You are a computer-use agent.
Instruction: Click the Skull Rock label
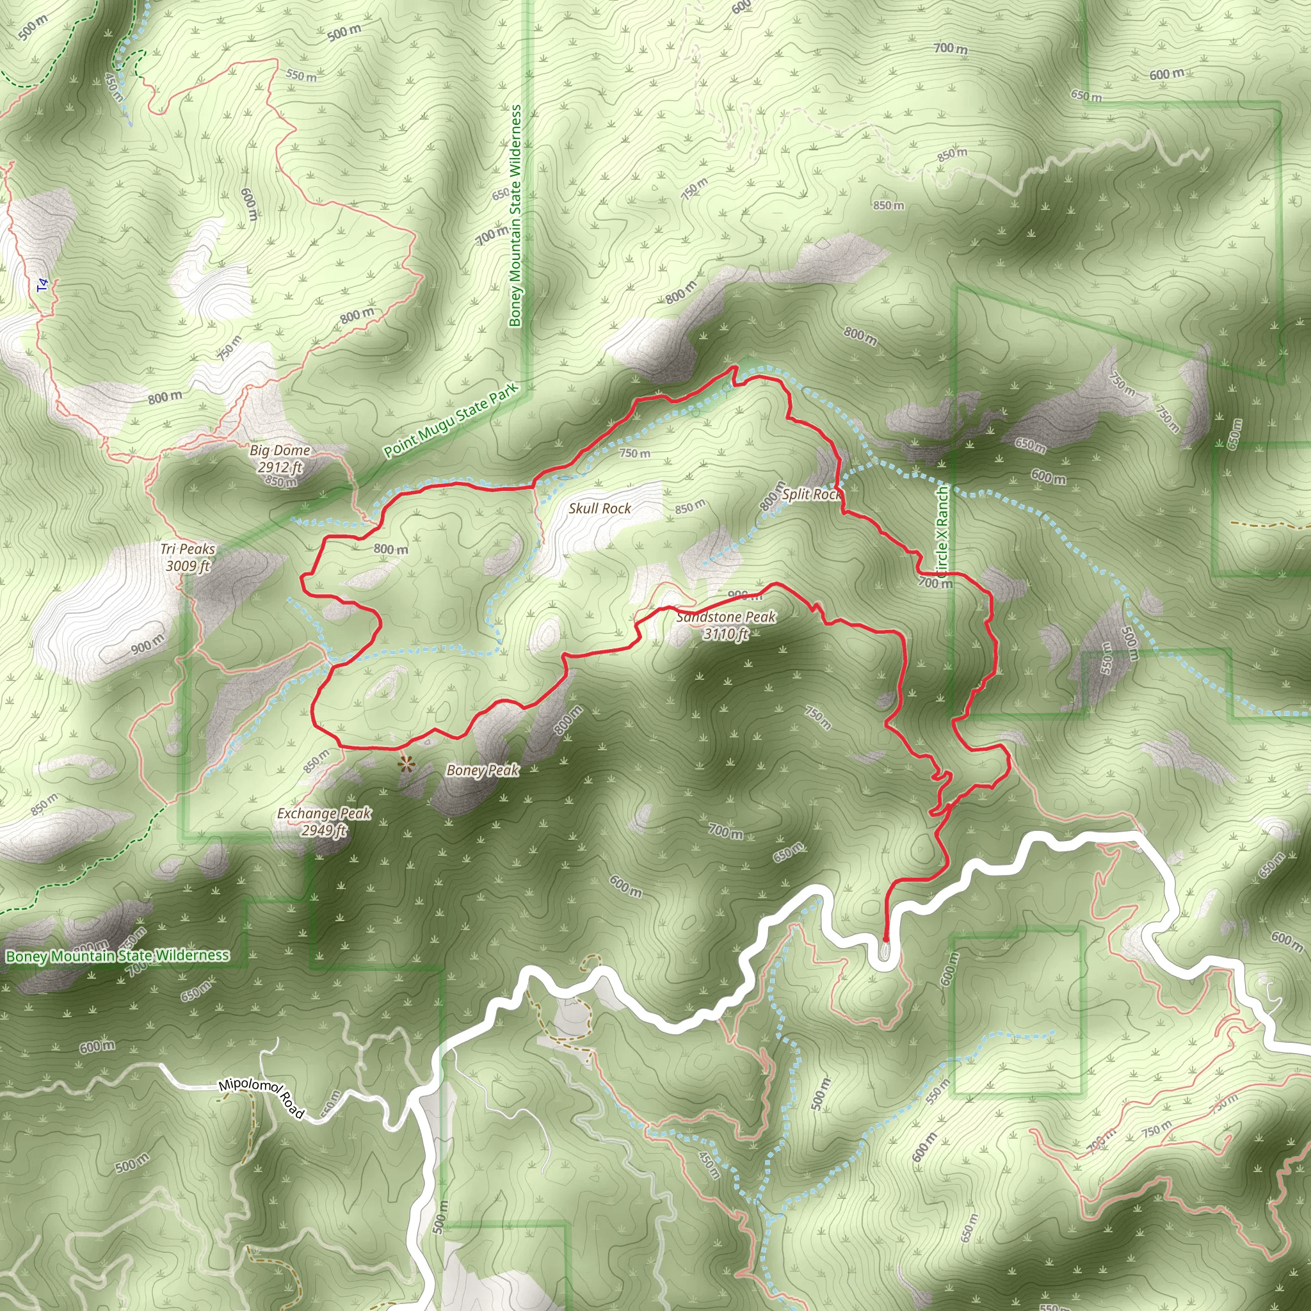click(600, 508)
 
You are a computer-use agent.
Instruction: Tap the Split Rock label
click(812, 494)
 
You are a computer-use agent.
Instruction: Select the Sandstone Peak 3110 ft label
click(726, 625)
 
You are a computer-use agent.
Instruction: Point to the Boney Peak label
click(483, 770)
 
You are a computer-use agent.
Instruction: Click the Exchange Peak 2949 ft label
click(325, 821)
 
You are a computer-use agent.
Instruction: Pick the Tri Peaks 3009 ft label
click(188, 557)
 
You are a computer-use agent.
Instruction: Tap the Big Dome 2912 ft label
click(280, 458)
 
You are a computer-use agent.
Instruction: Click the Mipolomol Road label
click(262, 1098)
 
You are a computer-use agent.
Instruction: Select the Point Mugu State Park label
click(451, 421)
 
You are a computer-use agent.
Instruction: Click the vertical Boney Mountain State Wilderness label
click(516, 215)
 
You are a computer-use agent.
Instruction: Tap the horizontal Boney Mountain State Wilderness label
click(117, 956)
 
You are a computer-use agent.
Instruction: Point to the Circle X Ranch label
click(942, 530)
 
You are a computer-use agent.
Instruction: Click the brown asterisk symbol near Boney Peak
click(406, 766)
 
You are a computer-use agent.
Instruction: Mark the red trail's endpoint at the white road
click(885, 939)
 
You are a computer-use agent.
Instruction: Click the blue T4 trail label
click(44, 286)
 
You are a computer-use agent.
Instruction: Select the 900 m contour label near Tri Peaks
click(147, 644)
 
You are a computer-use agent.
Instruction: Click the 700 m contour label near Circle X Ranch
click(936, 583)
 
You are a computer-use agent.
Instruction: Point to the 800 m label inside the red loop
click(391, 549)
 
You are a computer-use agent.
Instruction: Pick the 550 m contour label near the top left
click(301, 75)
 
